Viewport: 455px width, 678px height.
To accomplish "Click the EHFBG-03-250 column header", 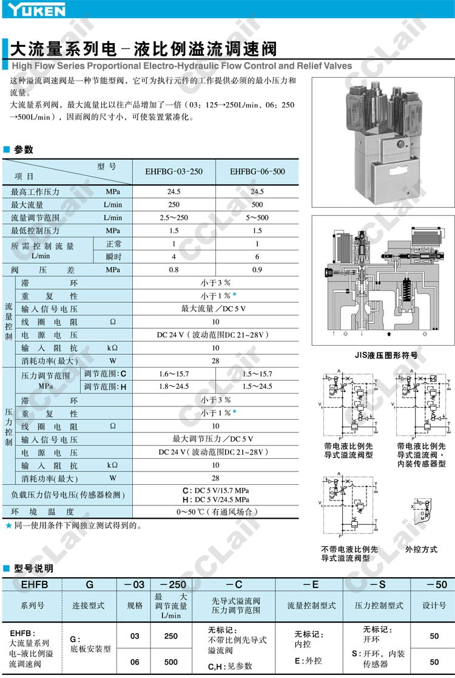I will [x=174, y=172].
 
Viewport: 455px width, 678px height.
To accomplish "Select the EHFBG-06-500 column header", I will [x=257, y=172].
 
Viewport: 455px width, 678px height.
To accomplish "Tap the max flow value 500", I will [x=257, y=205].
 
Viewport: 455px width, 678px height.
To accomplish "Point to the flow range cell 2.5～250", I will [x=174, y=217].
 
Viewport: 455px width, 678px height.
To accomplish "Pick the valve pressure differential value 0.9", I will [x=257, y=269].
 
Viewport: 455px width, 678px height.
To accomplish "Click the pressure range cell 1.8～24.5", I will [x=174, y=387].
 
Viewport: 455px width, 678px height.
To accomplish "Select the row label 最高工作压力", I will [x=35, y=192].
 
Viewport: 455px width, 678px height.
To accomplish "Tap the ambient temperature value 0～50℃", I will [x=216, y=512].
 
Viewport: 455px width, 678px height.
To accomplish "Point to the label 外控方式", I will [x=421, y=549].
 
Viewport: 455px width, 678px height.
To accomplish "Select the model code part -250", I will [x=170, y=584].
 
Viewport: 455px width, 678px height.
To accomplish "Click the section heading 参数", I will [x=24, y=149].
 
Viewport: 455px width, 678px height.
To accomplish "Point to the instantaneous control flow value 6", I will [x=257, y=256].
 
